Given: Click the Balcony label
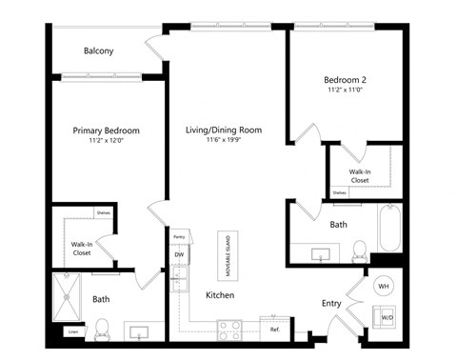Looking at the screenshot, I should pyautogui.click(x=100, y=50).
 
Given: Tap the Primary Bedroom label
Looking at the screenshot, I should pyautogui.click(x=107, y=130).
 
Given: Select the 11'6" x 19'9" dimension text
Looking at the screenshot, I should pyautogui.click(x=233, y=141).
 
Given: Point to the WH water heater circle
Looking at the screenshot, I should pyautogui.click(x=384, y=286).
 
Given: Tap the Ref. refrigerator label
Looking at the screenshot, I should pyautogui.click(x=275, y=330).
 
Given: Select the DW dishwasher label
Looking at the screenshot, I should pyautogui.click(x=179, y=255).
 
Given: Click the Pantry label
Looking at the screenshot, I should pyautogui.click(x=179, y=236).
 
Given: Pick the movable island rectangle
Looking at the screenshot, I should pyautogui.click(x=228, y=254).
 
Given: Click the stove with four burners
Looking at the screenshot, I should pyautogui.click(x=229, y=330).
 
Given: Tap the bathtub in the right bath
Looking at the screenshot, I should pyautogui.click(x=387, y=230).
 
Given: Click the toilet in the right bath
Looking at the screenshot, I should pyautogui.click(x=360, y=251).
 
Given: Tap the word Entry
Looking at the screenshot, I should pyautogui.click(x=330, y=303).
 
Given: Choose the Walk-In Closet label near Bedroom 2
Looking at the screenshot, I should pyautogui.click(x=360, y=175).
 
